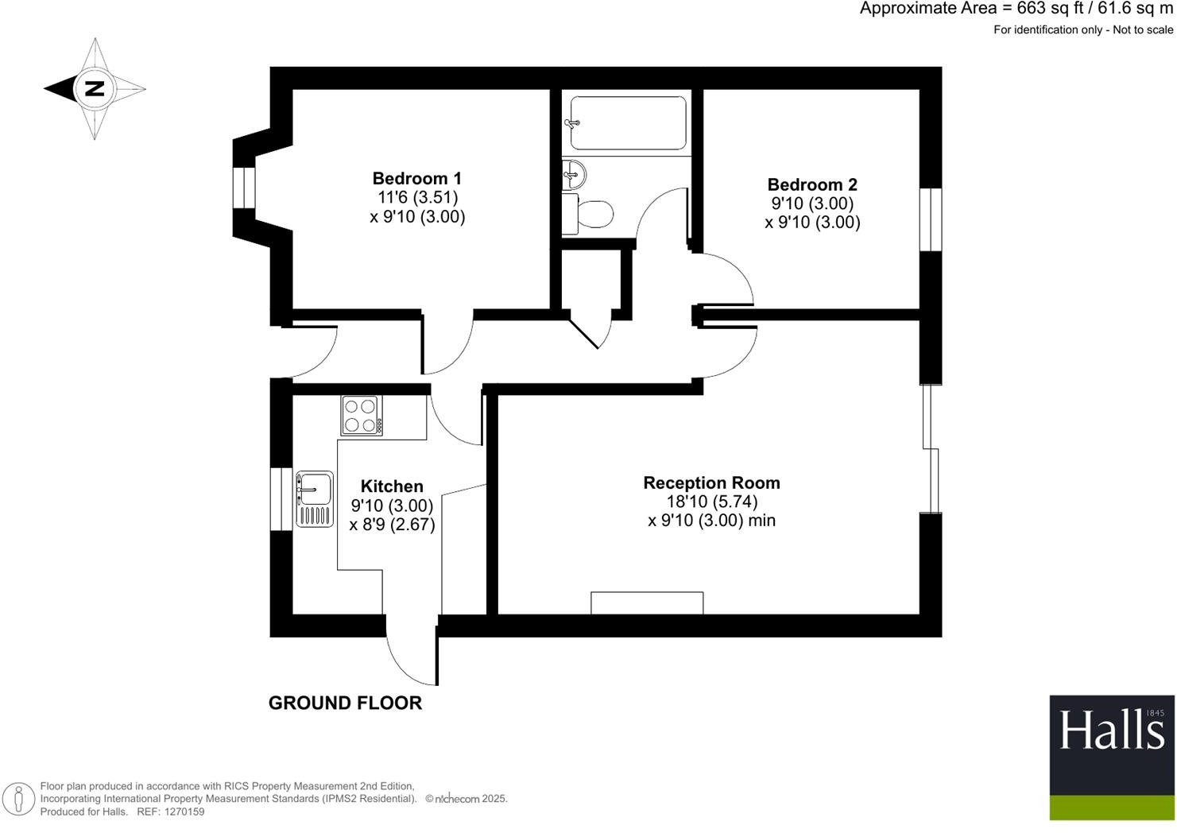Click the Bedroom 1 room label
click(416, 178)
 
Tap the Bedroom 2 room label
click(812, 184)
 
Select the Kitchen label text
click(392, 486)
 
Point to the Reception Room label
click(711, 482)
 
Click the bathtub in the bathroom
click(628, 122)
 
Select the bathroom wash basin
click(573, 173)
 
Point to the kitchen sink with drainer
click(315, 499)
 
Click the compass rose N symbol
click(95, 88)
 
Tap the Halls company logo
click(1111, 757)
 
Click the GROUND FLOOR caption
click(345, 703)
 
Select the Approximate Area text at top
click(1016, 9)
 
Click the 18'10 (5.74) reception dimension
click(711, 502)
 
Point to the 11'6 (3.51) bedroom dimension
click(417, 197)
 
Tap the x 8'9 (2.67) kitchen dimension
click(392, 525)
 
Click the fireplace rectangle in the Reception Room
click(647, 602)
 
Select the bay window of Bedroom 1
click(244, 188)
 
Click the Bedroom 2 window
click(931, 219)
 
